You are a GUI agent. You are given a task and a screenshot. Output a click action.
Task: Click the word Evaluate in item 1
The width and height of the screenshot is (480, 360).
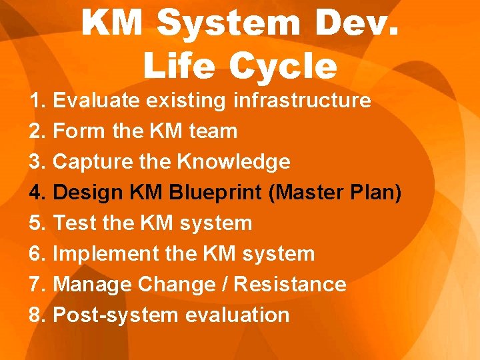point(95,101)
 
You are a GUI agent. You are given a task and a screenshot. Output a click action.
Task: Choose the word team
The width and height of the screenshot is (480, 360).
point(213,131)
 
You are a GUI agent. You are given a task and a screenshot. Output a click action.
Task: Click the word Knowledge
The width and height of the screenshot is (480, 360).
point(233,162)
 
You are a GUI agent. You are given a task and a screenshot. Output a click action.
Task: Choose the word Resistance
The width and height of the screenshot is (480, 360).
point(290,284)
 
